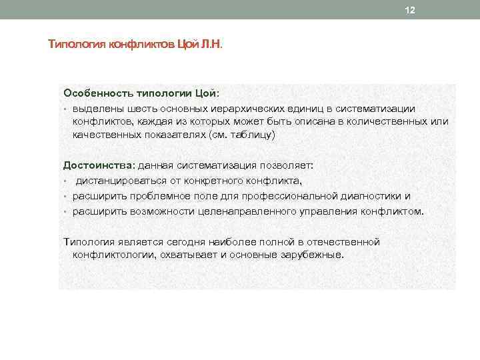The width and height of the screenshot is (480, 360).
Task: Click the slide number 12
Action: (x=410, y=10)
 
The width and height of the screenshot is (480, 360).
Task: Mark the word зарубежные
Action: (x=311, y=255)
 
